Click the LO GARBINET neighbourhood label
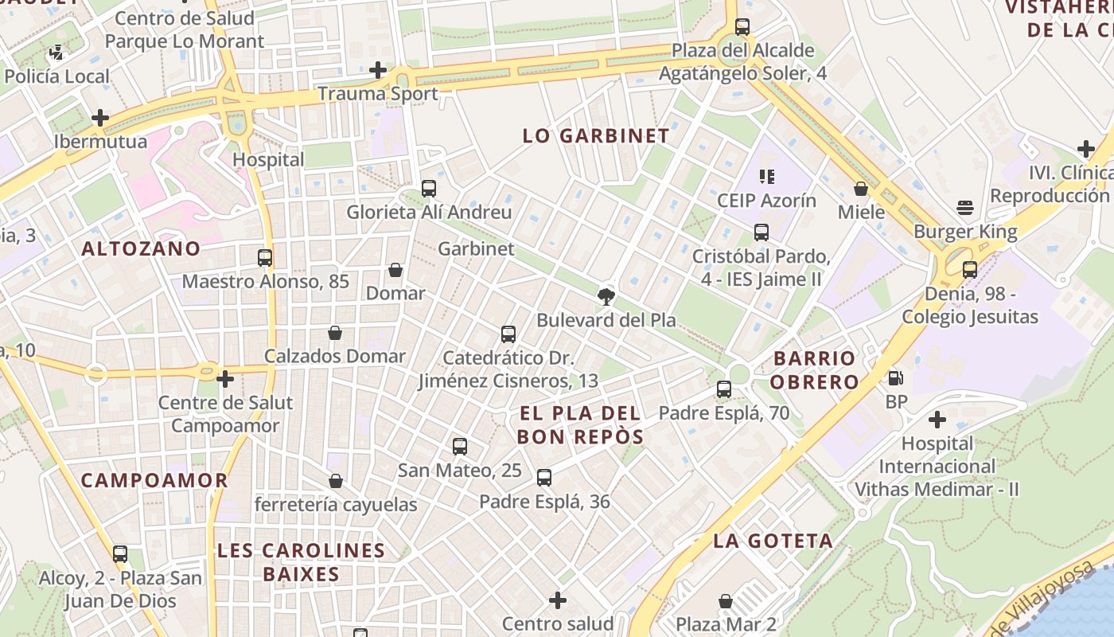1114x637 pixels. click(x=596, y=135)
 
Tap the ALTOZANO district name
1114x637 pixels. click(x=141, y=248)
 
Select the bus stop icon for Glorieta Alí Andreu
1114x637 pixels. click(x=429, y=189)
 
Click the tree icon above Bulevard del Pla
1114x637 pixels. click(x=606, y=297)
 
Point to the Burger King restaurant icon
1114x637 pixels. click(x=965, y=209)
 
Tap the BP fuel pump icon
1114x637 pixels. click(x=896, y=378)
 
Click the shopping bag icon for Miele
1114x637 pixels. click(x=861, y=189)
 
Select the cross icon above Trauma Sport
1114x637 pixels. click(x=378, y=70)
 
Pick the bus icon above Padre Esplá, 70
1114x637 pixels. click(x=724, y=389)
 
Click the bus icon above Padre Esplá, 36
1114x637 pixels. click(x=544, y=478)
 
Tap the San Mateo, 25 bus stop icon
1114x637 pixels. click(x=460, y=447)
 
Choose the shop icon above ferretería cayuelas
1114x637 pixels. click(x=336, y=481)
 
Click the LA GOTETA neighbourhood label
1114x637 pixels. click(x=773, y=541)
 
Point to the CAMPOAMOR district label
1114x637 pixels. click(x=154, y=480)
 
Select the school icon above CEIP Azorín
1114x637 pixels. click(x=767, y=176)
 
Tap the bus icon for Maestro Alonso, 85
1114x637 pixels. click(x=265, y=258)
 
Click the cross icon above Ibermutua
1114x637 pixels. click(x=100, y=118)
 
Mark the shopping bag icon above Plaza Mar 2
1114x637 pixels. click(x=726, y=600)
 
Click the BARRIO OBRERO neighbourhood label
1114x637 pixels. click(x=814, y=369)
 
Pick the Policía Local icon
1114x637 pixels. click(x=56, y=53)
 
